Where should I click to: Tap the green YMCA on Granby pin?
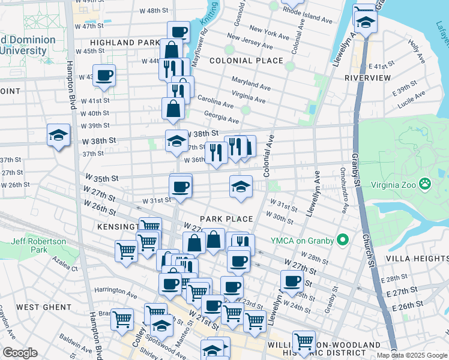coord(343,241)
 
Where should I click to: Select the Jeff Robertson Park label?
coord(37,245)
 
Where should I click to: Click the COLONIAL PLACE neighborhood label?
coord(246,61)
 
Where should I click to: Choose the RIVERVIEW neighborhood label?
coord(368,78)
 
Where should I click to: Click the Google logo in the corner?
coord(20,353)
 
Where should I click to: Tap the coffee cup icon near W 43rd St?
coord(104,76)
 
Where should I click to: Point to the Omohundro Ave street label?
coord(345,199)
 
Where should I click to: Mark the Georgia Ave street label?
coord(221,116)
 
